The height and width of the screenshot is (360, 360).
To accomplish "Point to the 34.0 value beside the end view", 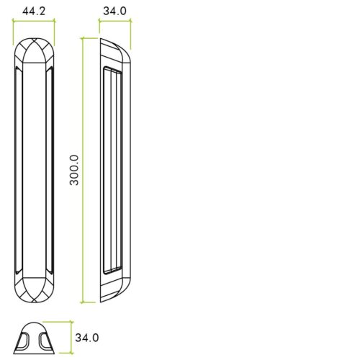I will [86, 337].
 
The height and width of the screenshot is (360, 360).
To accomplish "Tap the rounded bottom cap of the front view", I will [34, 288].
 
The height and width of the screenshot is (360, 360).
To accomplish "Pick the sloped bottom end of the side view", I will [115, 288].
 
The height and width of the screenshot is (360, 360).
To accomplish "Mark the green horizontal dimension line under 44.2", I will [34, 21].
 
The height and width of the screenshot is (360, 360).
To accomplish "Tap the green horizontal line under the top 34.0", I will [115, 21].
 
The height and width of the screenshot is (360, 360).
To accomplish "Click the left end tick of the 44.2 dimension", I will [13, 21].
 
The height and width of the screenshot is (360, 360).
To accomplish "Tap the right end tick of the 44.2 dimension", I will [55, 21].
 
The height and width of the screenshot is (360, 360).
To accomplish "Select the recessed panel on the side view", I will [111, 170].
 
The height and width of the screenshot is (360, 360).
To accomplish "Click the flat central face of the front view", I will [34, 170].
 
